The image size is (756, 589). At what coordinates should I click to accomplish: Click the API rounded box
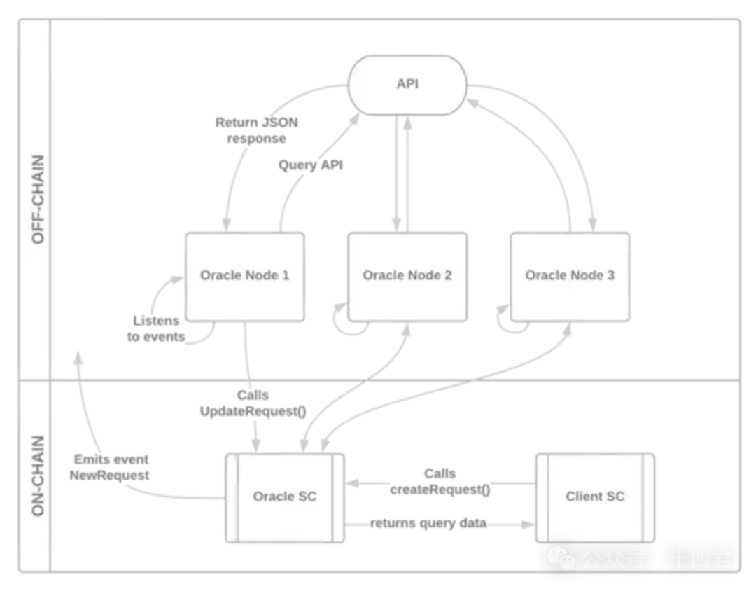click(408, 83)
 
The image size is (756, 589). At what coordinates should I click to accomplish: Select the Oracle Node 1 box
click(244, 276)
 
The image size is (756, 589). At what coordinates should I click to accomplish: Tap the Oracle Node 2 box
click(407, 276)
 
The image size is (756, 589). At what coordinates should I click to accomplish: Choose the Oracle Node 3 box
click(570, 276)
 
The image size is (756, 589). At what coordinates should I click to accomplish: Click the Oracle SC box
click(284, 497)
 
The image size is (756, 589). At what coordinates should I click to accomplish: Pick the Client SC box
click(595, 497)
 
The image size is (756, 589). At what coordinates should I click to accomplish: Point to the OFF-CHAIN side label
click(38, 200)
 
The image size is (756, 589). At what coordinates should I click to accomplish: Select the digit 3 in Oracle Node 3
click(610, 275)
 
